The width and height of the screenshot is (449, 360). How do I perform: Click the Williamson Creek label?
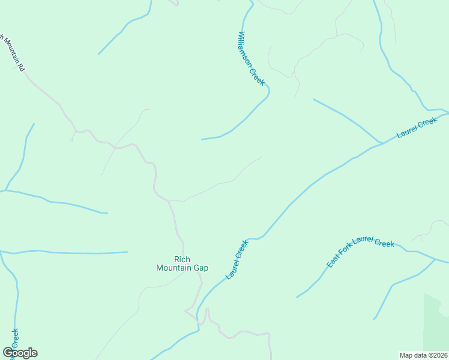click(252, 59)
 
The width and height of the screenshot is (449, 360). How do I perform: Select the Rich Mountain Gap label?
click(182, 263)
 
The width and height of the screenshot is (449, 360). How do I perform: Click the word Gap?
click(200, 268)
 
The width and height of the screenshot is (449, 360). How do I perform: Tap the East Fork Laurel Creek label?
click(360, 251)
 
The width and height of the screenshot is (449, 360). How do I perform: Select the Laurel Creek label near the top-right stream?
click(417, 128)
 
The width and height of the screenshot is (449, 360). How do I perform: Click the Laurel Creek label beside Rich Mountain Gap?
click(237, 260)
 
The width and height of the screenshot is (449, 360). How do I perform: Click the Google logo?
click(20, 353)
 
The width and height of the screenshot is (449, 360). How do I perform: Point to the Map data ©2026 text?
click(424, 355)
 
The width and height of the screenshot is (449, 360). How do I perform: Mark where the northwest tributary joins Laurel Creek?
click(382, 143)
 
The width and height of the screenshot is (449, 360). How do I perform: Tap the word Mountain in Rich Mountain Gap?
click(173, 268)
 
